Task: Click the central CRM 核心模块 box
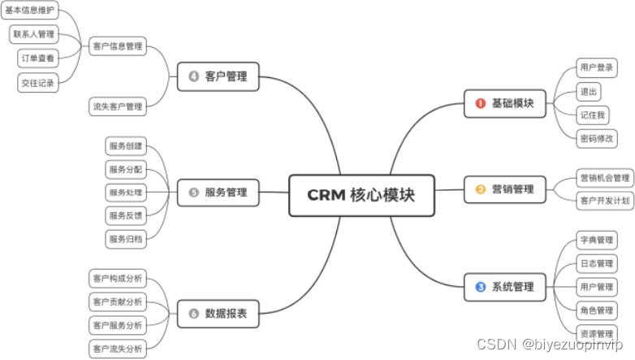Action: pyautogui.click(x=361, y=195)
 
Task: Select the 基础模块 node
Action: pyautogui.click(x=504, y=103)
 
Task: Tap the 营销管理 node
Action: pyautogui.click(x=504, y=189)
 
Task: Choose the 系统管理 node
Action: pyautogui.click(x=504, y=287)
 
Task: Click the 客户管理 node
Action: pyautogui.click(x=218, y=78)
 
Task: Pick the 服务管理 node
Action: pyautogui.click(x=218, y=193)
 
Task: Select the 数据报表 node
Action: pyautogui.click(x=218, y=313)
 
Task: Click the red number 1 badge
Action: pyautogui.click(x=480, y=103)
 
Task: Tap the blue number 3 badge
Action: pyautogui.click(x=480, y=287)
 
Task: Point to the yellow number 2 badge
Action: pyautogui.click(x=480, y=189)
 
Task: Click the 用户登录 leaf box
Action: pyautogui.click(x=596, y=67)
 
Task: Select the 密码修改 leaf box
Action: pyautogui.click(x=596, y=138)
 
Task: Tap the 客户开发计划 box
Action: pyautogui.click(x=604, y=200)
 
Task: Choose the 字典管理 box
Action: pyautogui.click(x=596, y=241)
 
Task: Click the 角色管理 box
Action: pyautogui.click(x=596, y=310)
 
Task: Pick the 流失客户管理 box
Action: pyautogui.click(x=117, y=106)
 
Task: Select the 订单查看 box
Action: pyautogui.click(x=37, y=59)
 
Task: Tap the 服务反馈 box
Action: pyautogui.click(x=125, y=215)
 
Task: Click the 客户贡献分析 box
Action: pyautogui.click(x=117, y=302)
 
